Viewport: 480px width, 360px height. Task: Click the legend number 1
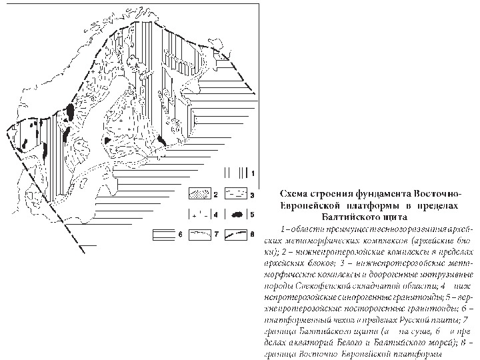[253, 172]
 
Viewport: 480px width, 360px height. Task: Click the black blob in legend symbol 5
[236, 215]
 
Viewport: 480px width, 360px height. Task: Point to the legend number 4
[216, 215]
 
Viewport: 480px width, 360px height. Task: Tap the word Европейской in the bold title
[306, 204]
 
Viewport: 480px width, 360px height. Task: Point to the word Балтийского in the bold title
[353, 215]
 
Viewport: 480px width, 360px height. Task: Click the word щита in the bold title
[397, 215]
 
